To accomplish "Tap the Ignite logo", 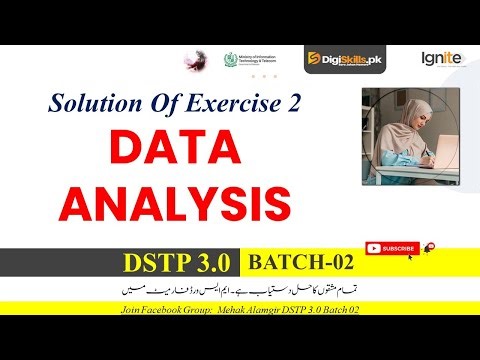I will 441,58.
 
